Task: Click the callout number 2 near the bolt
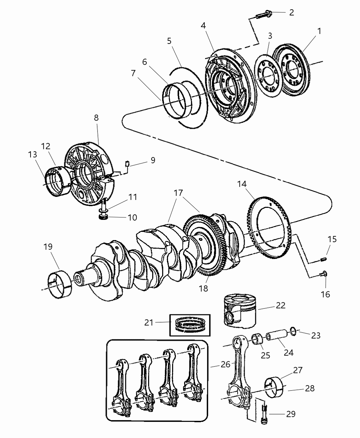click(291, 13)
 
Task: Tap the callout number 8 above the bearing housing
click(96, 118)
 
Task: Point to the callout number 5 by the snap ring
click(169, 41)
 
